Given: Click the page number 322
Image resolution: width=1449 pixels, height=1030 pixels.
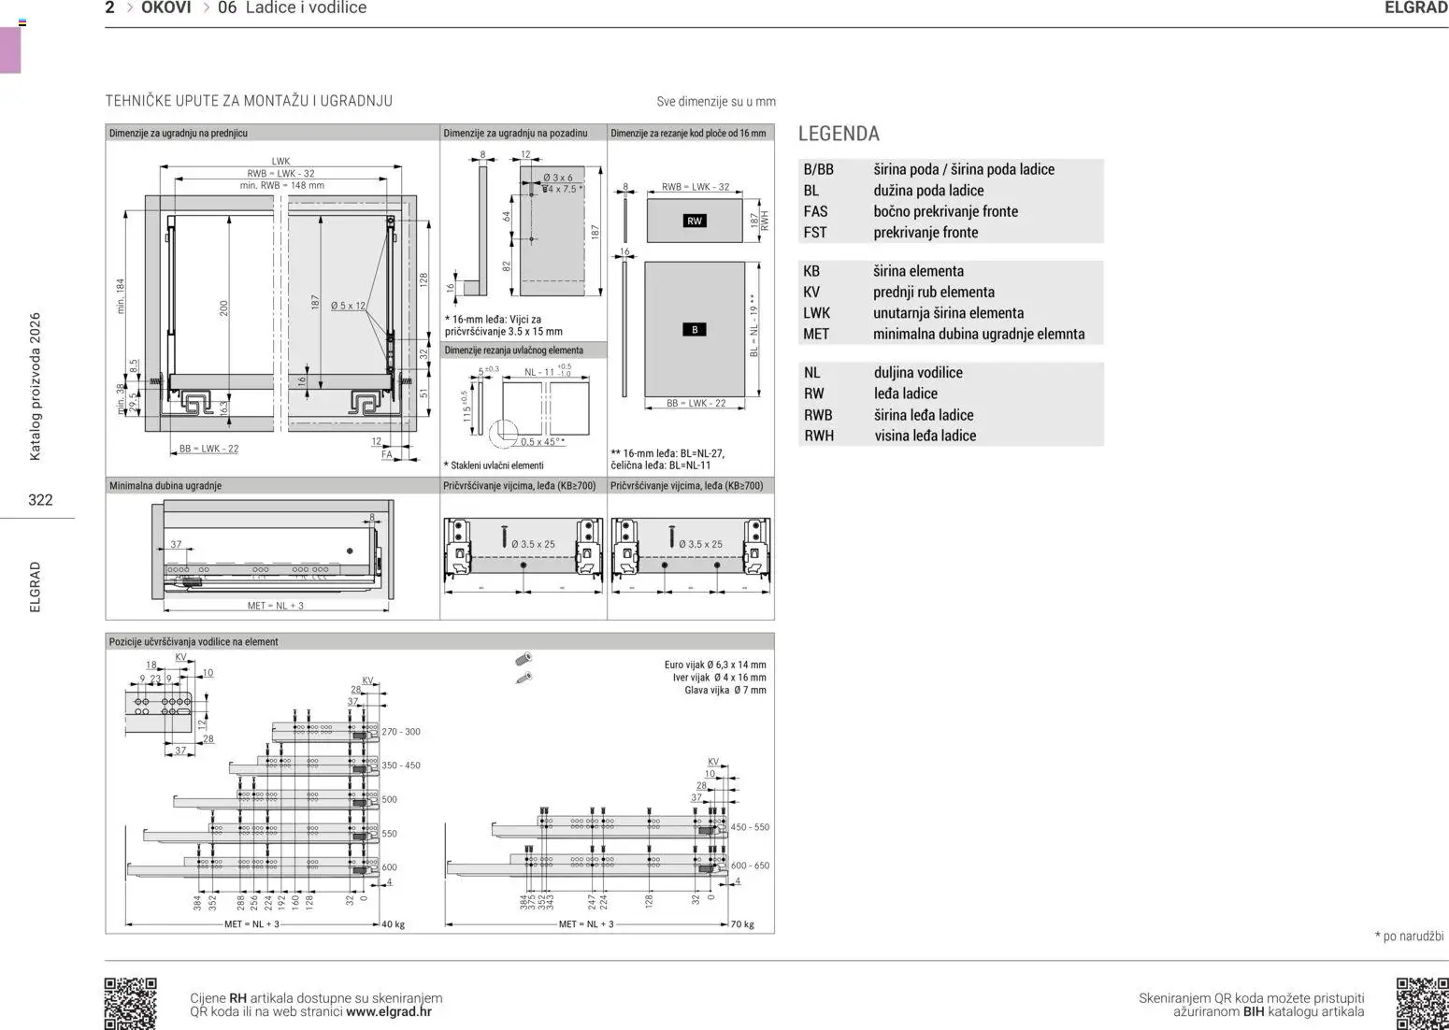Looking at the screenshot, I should pyautogui.click(x=40, y=500).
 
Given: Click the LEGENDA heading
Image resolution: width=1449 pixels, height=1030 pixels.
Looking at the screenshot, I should pyautogui.click(x=839, y=134).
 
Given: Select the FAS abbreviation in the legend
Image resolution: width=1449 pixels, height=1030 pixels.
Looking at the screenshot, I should pyautogui.click(x=815, y=211).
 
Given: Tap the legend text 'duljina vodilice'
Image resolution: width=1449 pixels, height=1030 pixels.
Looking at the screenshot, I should pyautogui.click(x=918, y=372).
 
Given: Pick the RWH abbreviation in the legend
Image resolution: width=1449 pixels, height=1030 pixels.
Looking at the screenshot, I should pyautogui.click(x=819, y=436).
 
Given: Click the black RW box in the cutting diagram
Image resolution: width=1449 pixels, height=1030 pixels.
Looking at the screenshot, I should pyautogui.click(x=694, y=222).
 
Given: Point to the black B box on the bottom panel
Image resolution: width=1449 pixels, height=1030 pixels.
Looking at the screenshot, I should pyautogui.click(x=695, y=330).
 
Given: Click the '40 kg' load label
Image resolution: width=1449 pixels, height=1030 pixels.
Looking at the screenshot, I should pyautogui.click(x=393, y=924).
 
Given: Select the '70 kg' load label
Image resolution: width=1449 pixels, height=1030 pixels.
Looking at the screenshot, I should pyautogui.click(x=742, y=924).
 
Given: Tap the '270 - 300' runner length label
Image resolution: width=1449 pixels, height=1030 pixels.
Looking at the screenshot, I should pyautogui.click(x=401, y=732).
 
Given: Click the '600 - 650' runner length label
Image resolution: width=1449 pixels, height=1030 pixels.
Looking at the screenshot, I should pyautogui.click(x=750, y=865).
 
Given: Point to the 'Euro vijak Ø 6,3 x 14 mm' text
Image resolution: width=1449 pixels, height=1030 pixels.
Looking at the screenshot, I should pyautogui.click(x=714, y=665).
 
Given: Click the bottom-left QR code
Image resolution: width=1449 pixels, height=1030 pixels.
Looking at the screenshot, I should pyautogui.click(x=130, y=1003).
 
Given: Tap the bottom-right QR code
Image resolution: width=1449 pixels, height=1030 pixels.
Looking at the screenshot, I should pyautogui.click(x=1421, y=1003).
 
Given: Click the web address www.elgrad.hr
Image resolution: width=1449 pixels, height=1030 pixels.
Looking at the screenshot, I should pyautogui.click(x=388, y=1011).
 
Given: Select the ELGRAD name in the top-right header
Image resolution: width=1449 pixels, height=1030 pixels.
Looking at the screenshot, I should pyautogui.click(x=1415, y=8).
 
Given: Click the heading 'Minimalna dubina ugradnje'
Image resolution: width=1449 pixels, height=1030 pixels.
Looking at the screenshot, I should pyautogui.click(x=165, y=486).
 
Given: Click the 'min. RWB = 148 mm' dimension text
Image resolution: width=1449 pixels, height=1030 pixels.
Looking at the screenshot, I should pyautogui.click(x=281, y=185).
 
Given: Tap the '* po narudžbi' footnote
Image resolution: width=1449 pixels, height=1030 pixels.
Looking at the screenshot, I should pyautogui.click(x=1409, y=936).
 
